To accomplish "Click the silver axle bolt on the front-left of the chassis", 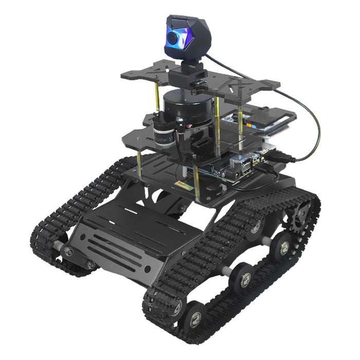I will click(66, 250).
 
